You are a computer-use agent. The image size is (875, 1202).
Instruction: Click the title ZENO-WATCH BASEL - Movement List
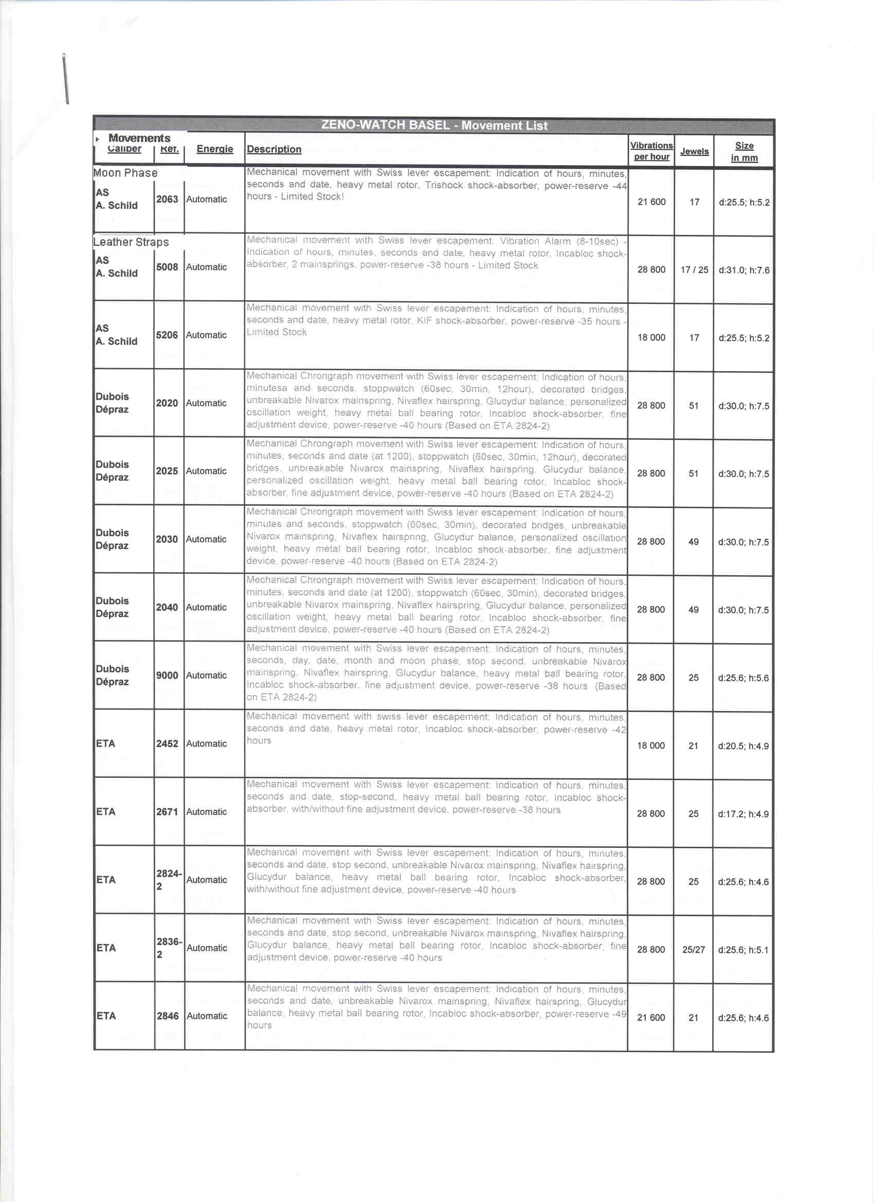tap(434, 125)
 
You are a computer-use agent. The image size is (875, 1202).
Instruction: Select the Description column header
tap(274, 150)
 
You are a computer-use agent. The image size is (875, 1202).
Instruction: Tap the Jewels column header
tap(694, 152)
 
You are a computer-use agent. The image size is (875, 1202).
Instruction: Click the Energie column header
tap(215, 149)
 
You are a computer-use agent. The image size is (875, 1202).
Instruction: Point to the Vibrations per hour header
tap(651, 151)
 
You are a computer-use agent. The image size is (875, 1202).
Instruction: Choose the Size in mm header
tap(744, 152)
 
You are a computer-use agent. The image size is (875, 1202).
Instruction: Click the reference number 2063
tap(167, 199)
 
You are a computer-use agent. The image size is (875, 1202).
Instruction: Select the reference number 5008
tap(167, 267)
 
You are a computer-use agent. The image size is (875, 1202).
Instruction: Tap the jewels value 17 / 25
tap(694, 270)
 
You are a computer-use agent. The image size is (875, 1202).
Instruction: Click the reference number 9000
tap(167, 675)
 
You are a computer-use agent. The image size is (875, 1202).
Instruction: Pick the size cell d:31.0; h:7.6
tap(743, 270)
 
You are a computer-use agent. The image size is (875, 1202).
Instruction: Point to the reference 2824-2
tap(169, 880)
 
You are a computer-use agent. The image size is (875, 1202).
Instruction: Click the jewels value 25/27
tap(693, 950)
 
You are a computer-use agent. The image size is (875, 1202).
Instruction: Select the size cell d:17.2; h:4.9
tap(743, 814)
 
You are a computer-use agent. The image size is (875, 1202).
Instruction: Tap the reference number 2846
tap(168, 1016)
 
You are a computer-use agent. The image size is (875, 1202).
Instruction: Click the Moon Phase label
tap(125, 173)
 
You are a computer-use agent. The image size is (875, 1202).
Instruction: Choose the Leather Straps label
tap(131, 242)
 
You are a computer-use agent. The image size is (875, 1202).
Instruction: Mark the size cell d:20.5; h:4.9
tap(743, 746)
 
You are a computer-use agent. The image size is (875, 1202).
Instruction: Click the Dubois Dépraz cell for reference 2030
tap(113, 539)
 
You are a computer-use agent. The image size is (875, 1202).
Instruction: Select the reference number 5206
tap(167, 335)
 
